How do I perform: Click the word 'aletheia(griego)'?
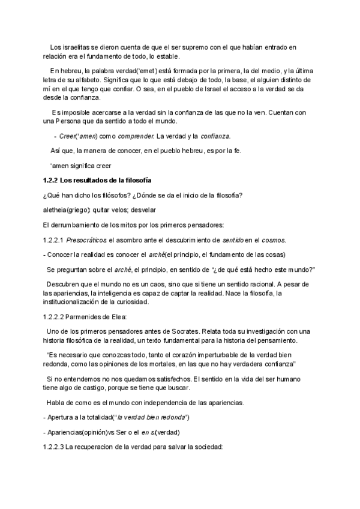tap(67, 210)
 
